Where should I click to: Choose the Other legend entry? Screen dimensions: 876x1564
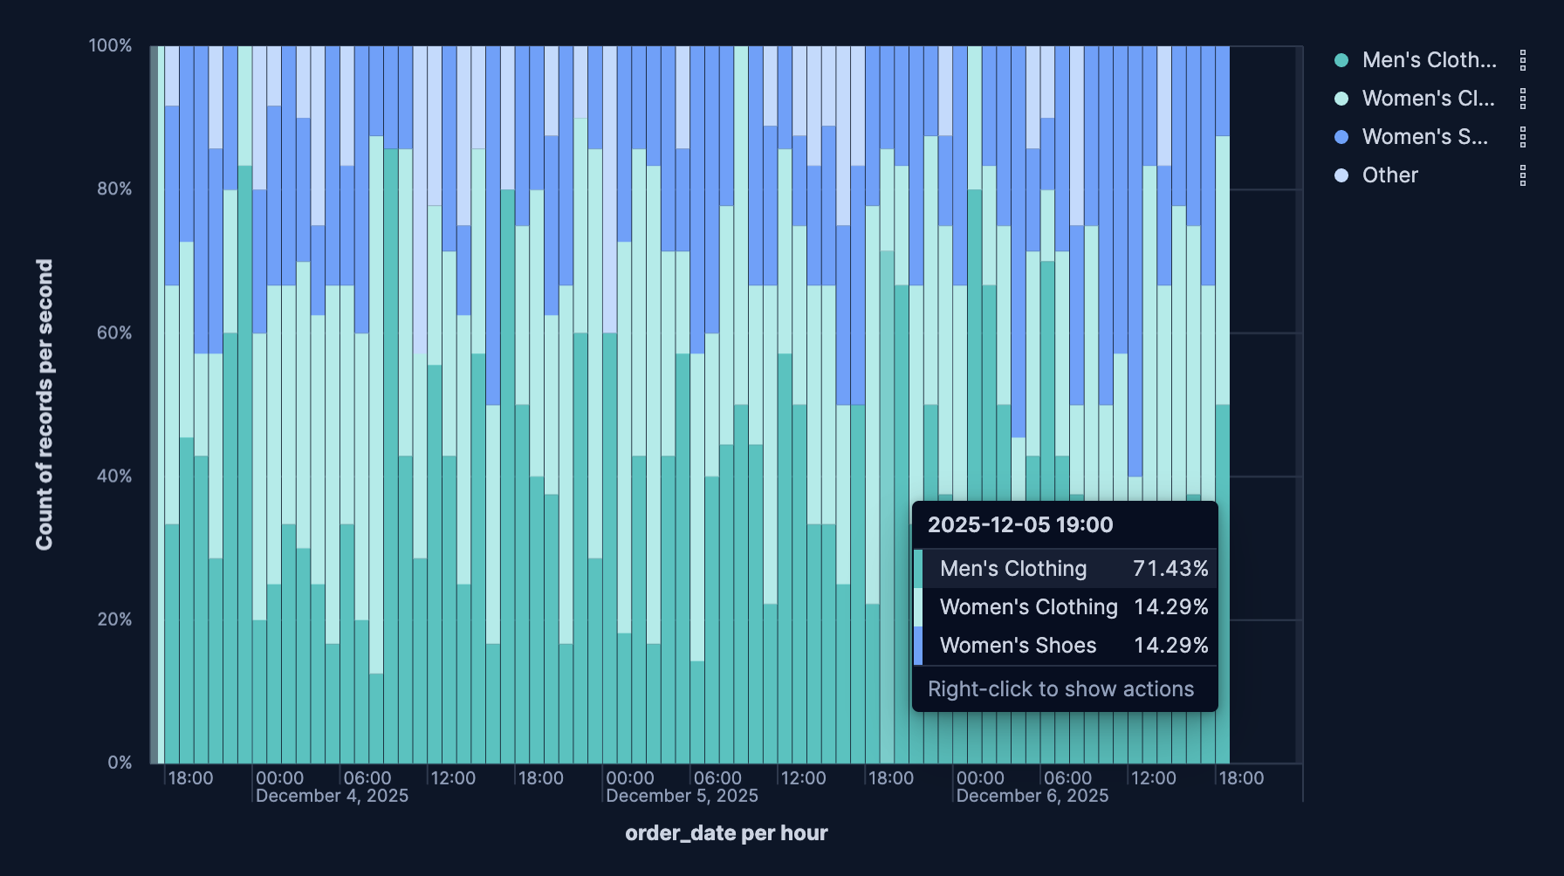[1389, 175]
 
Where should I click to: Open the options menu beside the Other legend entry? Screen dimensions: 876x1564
[1523, 175]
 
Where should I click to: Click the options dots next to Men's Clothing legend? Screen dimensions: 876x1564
[1523, 60]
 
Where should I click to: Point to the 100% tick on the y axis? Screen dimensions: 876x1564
[110, 45]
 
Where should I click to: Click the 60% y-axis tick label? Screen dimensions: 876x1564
[114, 332]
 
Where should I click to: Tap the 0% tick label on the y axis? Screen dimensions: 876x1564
[120, 763]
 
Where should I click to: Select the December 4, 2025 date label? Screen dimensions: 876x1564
[332, 796]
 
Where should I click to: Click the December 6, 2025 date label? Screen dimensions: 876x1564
[1032, 796]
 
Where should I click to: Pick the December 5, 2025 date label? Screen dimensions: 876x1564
[682, 796]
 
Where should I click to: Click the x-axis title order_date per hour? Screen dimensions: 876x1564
[726, 833]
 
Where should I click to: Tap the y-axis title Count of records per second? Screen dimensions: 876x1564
[45, 404]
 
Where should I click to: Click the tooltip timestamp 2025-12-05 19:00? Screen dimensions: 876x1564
[1019, 524]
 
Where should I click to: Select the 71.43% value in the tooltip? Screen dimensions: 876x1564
[1170, 569]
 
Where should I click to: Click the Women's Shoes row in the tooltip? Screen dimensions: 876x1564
[1018, 646]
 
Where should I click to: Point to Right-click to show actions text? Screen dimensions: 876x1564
[1060, 689]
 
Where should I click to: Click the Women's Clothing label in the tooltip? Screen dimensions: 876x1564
[1028, 607]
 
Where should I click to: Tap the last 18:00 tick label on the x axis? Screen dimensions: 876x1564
[1240, 778]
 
